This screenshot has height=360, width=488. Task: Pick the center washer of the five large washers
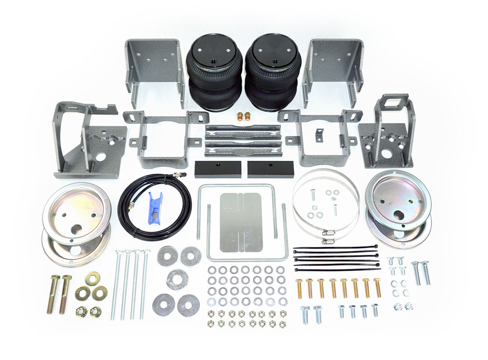177,279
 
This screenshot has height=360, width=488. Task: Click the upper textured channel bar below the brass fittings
243,131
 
